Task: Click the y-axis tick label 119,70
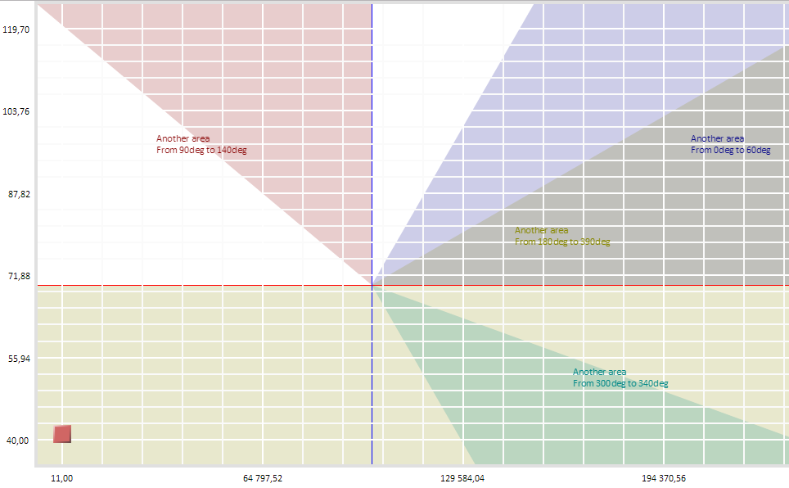[x=16, y=29]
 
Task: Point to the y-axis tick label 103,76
[x=16, y=111]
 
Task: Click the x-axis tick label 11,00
[x=62, y=477]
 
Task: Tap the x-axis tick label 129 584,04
[x=463, y=477]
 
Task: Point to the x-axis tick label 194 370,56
[x=664, y=477]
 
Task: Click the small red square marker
[x=62, y=434]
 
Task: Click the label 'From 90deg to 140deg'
[x=201, y=151]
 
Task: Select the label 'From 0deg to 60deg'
[x=730, y=151]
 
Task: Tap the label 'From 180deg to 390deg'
[x=562, y=242]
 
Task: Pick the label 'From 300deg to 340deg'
[x=620, y=384]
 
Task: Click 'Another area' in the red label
[x=183, y=139]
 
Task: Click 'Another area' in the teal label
[x=600, y=373]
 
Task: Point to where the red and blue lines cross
[x=372, y=286]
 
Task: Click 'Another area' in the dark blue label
[x=717, y=139]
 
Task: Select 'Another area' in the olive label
[x=541, y=231]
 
